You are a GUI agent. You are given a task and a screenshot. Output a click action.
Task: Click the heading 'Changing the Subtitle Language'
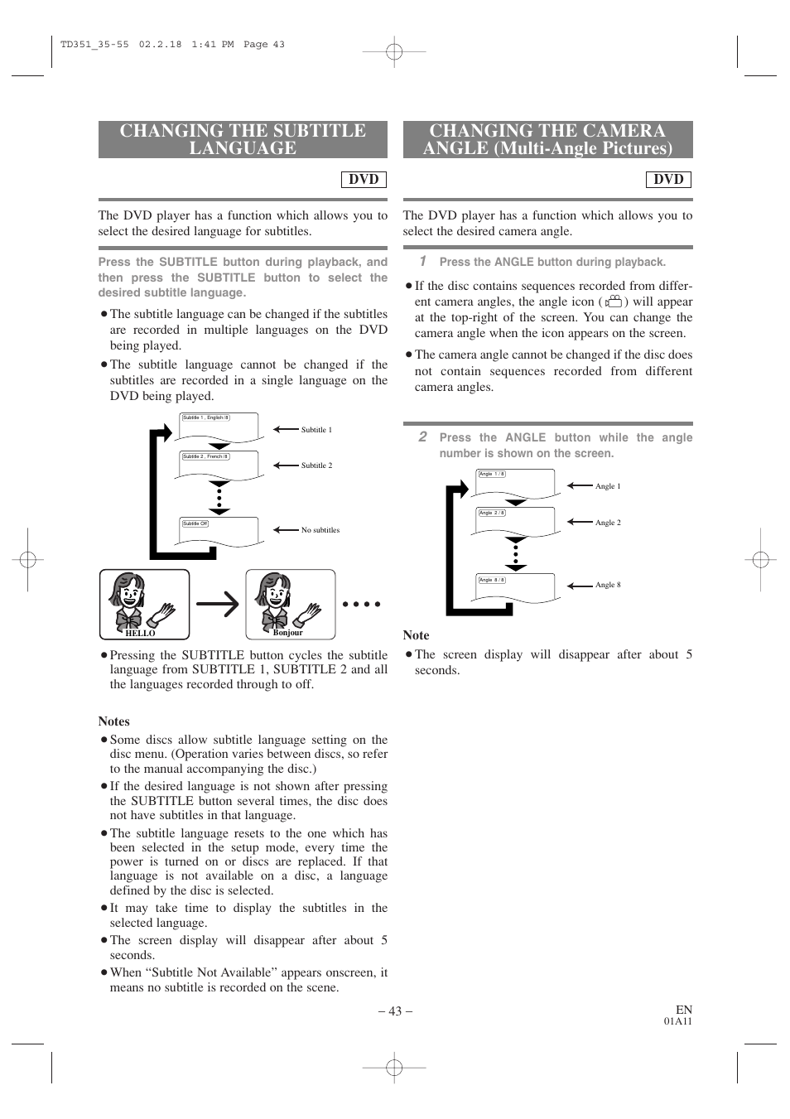243,139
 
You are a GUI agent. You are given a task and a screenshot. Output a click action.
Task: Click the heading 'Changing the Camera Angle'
547,139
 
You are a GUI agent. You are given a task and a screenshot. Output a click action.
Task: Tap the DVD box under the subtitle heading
364,179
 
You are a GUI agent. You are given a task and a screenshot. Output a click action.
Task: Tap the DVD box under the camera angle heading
668,179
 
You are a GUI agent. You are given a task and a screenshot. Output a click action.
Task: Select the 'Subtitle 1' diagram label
316,430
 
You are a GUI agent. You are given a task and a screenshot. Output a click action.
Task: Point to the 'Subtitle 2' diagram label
316,465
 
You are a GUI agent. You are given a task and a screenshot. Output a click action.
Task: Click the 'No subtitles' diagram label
320,530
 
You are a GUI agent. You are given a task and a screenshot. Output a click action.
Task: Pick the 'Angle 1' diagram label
607,486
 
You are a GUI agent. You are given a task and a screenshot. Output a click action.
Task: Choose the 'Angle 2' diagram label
607,523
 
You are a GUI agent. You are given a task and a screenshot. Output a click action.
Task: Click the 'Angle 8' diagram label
607,585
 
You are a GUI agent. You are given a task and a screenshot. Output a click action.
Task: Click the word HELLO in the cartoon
140,633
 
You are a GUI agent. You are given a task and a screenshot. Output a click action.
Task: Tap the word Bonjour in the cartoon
287,632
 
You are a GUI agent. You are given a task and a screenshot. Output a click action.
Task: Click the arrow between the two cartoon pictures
218,605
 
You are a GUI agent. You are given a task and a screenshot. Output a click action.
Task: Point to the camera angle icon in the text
613,302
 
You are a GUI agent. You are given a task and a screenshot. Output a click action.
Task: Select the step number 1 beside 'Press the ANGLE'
422,261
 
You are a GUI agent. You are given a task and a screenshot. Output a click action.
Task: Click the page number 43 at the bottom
395,1010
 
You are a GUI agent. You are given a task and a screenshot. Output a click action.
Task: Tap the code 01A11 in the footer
677,1021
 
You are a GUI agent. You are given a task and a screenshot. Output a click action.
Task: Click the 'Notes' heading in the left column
113,721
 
